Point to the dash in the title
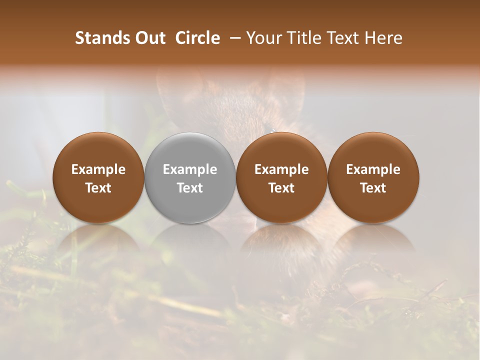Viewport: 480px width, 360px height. coord(233,38)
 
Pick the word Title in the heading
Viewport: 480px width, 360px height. coord(304,38)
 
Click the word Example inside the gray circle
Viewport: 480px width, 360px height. coord(190,169)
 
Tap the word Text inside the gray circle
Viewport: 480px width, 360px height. coord(190,188)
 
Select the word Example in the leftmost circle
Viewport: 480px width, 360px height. coord(98,169)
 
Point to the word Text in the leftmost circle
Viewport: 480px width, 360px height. coord(98,188)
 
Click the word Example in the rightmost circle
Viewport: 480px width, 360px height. coord(373,169)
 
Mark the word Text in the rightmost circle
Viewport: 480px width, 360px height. coord(373,188)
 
